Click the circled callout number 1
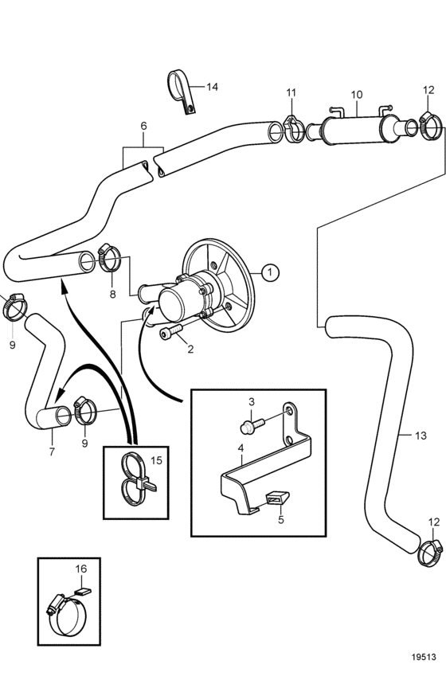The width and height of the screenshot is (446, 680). pyautogui.click(x=270, y=272)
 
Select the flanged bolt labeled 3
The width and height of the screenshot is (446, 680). pyautogui.click(x=251, y=424)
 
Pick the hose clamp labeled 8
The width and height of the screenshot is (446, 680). pyautogui.click(x=108, y=259)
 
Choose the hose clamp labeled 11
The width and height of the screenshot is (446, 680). pyautogui.click(x=295, y=129)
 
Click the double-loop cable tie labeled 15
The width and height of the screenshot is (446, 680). pyautogui.click(x=135, y=479)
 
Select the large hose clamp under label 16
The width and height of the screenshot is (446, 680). pyautogui.click(x=67, y=615)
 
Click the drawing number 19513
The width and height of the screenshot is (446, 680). pyautogui.click(x=424, y=657)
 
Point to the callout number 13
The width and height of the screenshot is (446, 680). pyautogui.click(x=421, y=435)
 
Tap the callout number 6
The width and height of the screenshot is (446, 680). pyautogui.click(x=143, y=126)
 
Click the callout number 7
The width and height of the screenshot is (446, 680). pyautogui.click(x=52, y=451)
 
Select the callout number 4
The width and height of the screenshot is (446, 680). pyautogui.click(x=241, y=447)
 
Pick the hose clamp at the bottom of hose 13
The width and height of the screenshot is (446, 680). pyautogui.click(x=431, y=553)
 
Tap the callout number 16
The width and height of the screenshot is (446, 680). pyautogui.click(x=81, y=568)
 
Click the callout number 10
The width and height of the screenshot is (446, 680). pyautogui.click(x=357, y=94)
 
